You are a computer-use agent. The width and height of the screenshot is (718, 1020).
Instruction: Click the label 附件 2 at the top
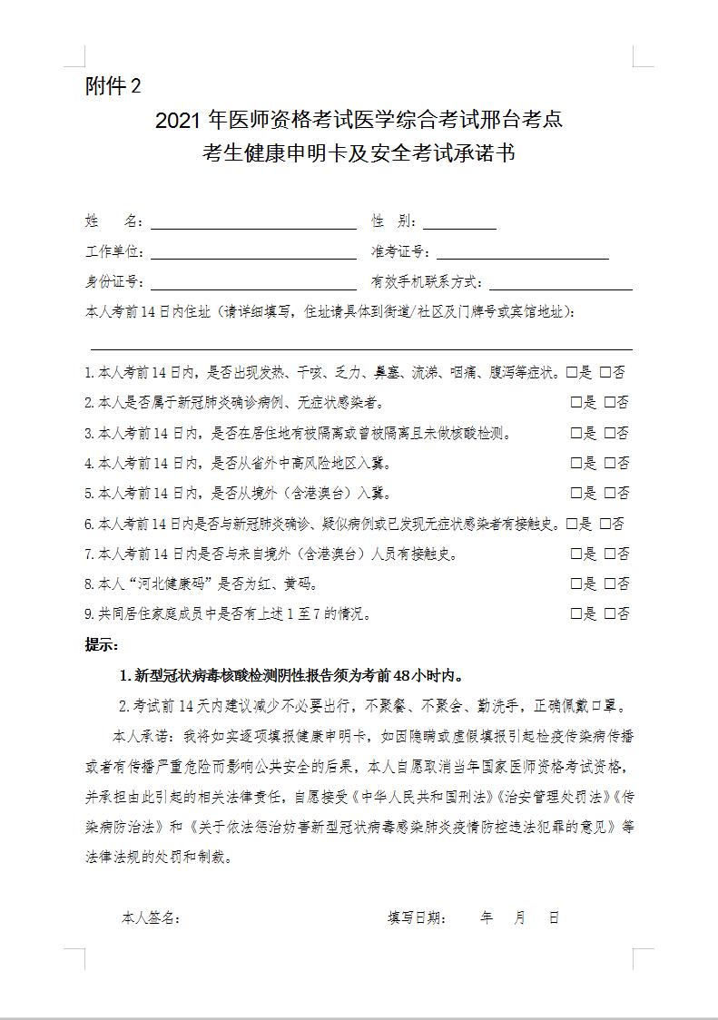pyautogui.click(x=113, y=86)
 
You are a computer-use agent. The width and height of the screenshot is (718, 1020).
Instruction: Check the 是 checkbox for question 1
pyautogui.click(x=572, y=372)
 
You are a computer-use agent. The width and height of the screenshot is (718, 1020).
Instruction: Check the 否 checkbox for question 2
pyautogui.click(x=609, y=402)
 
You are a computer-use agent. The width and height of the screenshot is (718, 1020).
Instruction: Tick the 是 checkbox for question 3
pyautogui.click(x=576, y=433)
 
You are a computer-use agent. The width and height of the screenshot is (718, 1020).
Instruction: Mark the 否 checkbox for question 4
pyautogui.click(x=609, y=463)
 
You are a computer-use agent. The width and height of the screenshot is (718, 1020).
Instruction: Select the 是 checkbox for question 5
pyautogui.click(x=576, y=493)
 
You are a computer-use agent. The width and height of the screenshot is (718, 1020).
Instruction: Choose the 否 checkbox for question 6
pyautogui.click(x=605, y=524)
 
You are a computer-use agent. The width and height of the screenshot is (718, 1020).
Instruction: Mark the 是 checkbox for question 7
pyautogui.click(x=576, y=554)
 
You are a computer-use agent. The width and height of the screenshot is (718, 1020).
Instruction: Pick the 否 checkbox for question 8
pyautogui.click(x=609, y=584)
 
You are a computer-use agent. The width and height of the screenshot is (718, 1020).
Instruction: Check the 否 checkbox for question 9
pyautogui.click(x=609, y=613)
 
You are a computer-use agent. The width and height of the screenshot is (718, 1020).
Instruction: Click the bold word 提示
pyautogui.click(x=101, y=645)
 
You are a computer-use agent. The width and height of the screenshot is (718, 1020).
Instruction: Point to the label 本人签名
pyautogui.click(x=150, y=917)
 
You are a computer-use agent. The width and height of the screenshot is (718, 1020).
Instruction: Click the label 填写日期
pyautogui.click(x=417, y=917)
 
